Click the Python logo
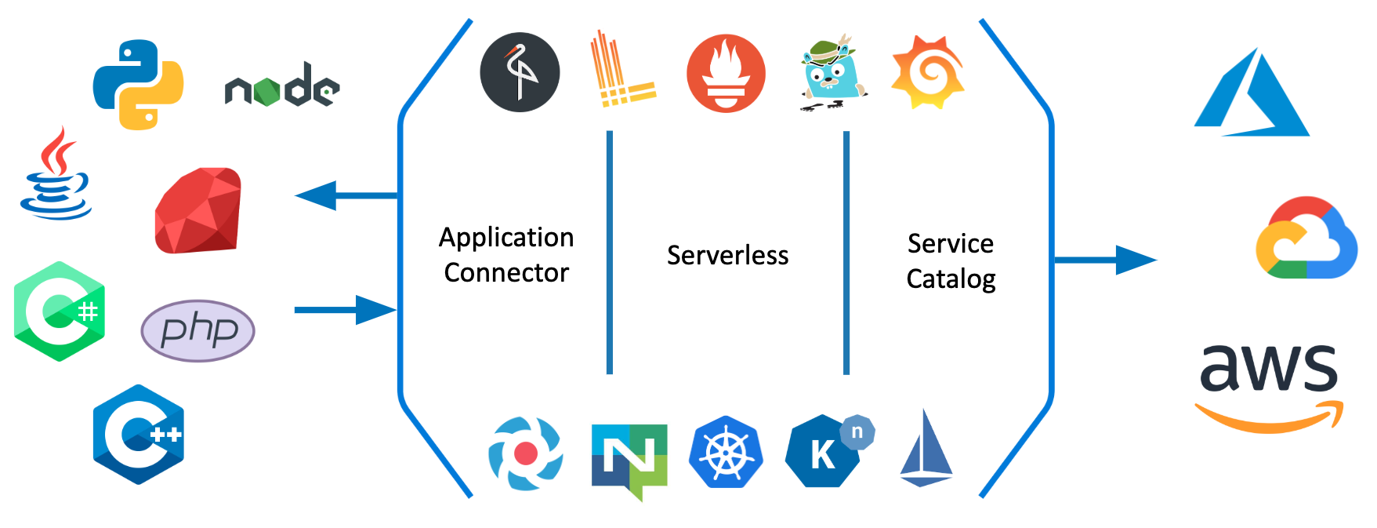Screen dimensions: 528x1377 tap(138, 85)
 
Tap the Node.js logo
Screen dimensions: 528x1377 tap(282, 86)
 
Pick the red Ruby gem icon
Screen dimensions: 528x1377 tap(198, 210)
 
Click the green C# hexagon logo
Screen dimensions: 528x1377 tap(60, 311)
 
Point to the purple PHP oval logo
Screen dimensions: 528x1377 tap(198, 330)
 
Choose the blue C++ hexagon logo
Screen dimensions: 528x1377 tap(139, 434)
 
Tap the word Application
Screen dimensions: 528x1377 tap(506, 238)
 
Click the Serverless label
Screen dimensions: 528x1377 tap(727, 256)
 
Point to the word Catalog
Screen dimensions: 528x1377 tap(951, 279)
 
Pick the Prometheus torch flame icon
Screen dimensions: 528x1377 tap(726, 74)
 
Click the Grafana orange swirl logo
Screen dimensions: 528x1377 tap(928, 72)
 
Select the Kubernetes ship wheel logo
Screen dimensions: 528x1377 tap(726, 453)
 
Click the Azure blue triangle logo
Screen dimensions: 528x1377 tap(1252, 94)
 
